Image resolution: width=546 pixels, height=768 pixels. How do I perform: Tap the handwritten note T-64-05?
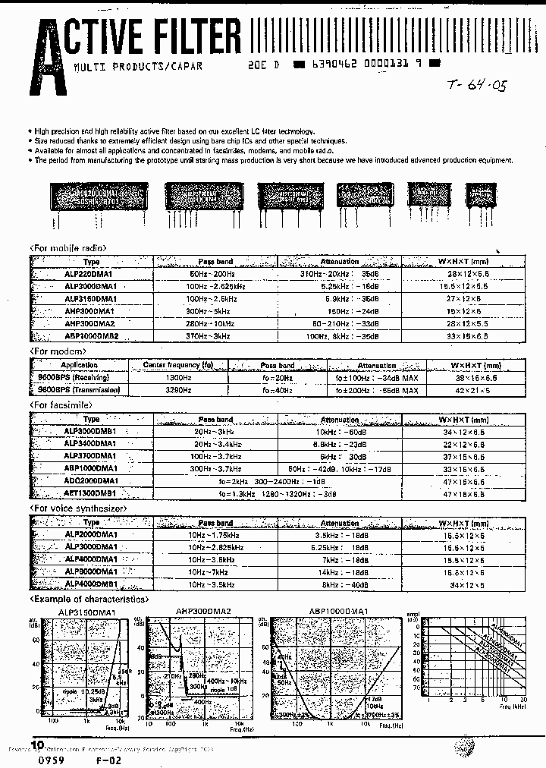coord(475,84)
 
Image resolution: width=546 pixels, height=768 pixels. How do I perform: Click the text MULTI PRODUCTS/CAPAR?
coord(137,66)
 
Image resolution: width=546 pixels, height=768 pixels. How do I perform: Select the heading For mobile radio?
coord(67,248)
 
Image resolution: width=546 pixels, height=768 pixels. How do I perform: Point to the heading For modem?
coord(54,352)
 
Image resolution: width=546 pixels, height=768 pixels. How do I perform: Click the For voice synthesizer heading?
coord(78,508)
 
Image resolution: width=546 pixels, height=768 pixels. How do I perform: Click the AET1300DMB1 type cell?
coord(91,494)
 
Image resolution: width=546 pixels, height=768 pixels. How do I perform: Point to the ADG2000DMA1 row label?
coord(91,481)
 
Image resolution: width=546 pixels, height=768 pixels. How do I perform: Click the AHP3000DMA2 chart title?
coord(203,611)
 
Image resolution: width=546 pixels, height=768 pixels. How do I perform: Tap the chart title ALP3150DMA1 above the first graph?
coord(87,611)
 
